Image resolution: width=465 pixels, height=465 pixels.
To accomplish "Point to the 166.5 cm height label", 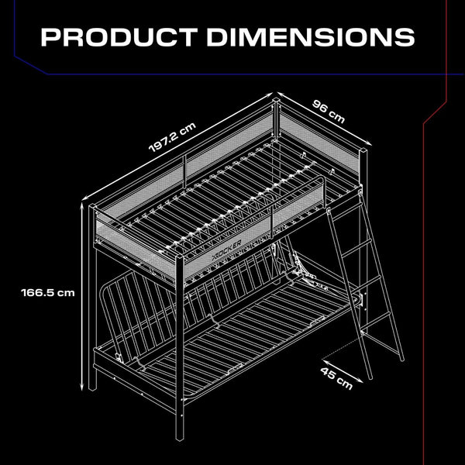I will tap(48, 292).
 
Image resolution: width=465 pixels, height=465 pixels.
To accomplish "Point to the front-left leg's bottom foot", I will tap(95, 387).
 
